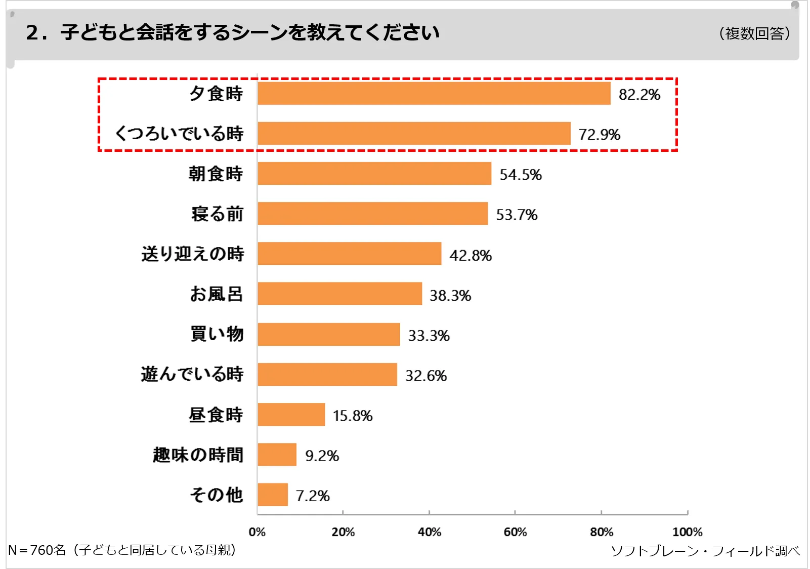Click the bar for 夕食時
click(x=434, y=94)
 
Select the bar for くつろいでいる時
click(x=414, y=134)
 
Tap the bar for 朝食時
click(x=374, y=174)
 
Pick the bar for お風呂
click(x=339, y=294)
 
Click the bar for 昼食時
click(x=291, y=415)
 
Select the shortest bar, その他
click(x=273, y=495)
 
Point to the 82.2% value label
click(x=640, y=95)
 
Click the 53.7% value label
click(x=517, y=215)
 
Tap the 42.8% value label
click(x=471, y=255)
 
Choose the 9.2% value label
click(x=322, y=456)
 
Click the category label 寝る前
click(x=218, y=214)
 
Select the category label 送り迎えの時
click(x=193, y=254)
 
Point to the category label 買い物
click(x=217, y=334)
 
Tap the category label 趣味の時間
click(x=198, y=455)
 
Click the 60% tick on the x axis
click(x=515, y=532)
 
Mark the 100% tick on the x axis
click(x=687, y=532)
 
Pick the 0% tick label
click(x=257, y=532)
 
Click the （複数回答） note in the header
click(x=754, y=33)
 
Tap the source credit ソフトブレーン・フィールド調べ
click(x=705, y=551)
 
